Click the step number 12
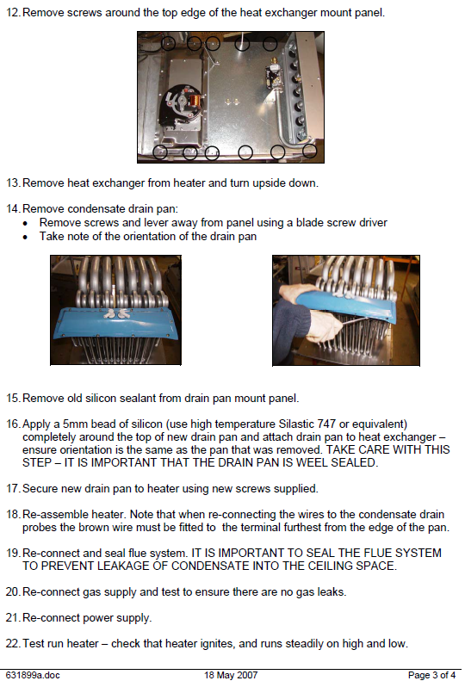click(13, 13)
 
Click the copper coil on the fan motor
click(195, 102)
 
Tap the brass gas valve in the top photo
click(275, 71)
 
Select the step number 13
click(13, 183)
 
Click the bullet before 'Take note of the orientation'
click(26, 237)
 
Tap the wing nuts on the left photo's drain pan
click(114, 313)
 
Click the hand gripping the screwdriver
click(324, 326)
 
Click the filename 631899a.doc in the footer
click(33, 675)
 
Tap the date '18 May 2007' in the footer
click(231, 675)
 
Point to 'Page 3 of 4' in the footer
click(431, 675)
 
